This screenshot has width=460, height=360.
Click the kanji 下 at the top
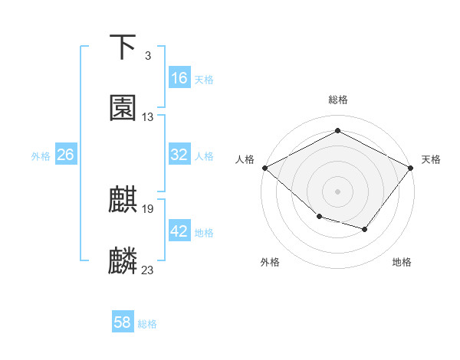(x=123, y=47)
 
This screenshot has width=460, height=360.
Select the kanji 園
(x=123, y=108)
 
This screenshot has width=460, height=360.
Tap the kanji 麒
(x=123, y=200)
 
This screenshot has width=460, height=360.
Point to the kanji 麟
(x=123, y=261)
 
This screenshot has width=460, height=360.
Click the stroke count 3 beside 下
(x=147, y=56)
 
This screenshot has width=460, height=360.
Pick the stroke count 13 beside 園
(x=148, y=117)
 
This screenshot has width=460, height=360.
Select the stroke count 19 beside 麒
(x=148, y=208)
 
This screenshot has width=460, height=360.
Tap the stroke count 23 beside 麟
(x=148, y=270)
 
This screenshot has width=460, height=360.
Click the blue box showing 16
(x=179, y=78)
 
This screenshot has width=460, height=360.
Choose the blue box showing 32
(x=179, y=155)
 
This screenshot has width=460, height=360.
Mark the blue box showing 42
(x=179, y=231)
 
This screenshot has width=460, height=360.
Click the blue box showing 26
(x=65, y=155)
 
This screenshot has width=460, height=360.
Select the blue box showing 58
(x=123, y=322)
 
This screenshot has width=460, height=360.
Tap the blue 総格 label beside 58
(x=147, y=324)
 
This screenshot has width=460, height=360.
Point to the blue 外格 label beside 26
(x=41, y=155)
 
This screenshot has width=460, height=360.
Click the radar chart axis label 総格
(x=337, y=100)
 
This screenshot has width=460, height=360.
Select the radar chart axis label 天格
(x=431, y=159)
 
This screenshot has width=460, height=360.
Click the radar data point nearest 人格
(x=264, y=168)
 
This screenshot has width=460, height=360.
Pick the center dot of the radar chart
(x=337, y=191)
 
